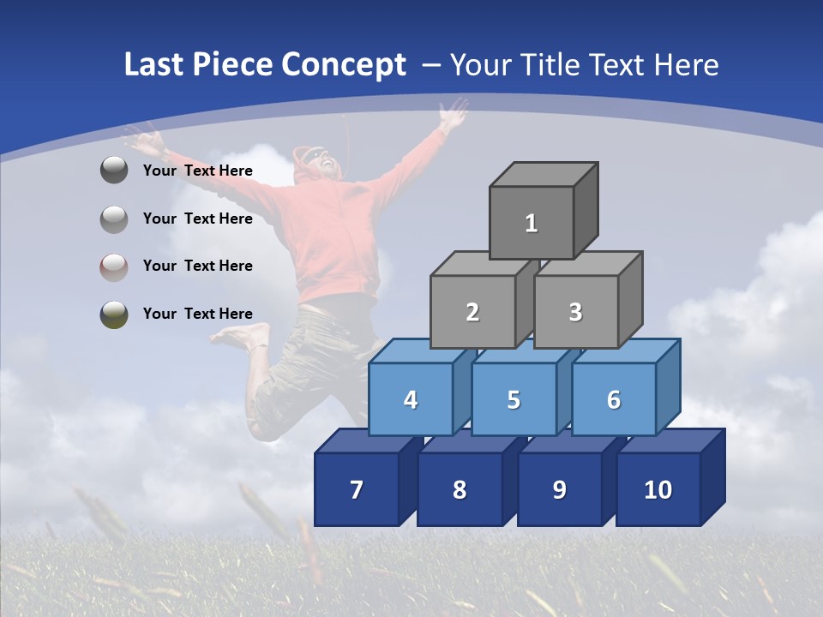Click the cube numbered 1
tap(532, 223)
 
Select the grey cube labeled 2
tap(472, 312)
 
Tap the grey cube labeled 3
tap(575, 312)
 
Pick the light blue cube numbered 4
tap(411, 399)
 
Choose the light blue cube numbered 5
tap(514, 399)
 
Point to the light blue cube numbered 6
tap(613, 399)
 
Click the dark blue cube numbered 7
tap(357, 489)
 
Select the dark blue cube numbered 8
tap(460, 489)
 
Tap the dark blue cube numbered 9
tap(559, 489)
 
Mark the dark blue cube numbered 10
tap(658, 489)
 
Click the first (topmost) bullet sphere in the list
tap(114, 171)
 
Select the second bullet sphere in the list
tap(114, 219)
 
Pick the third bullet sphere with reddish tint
tap(114, 267)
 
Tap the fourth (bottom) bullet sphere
tap(114, 314)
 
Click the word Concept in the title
tap(344, 65)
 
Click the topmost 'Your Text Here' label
tap(198, 171)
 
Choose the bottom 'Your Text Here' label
tap(198, 314)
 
